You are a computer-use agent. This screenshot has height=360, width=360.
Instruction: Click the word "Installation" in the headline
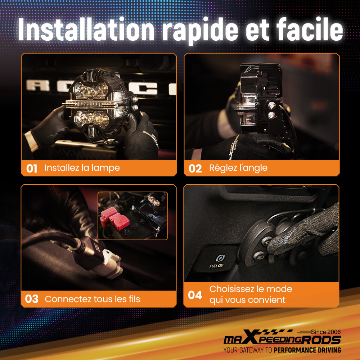pyautogui.click(x=86, y=30)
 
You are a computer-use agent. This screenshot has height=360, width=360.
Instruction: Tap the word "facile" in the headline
pyautogui.click(x=310, y=30)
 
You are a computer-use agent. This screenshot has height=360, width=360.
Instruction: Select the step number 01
pyautogui.click(x=32, y=168)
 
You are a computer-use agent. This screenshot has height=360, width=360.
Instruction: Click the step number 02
pyautogui.click(x=195, y=168)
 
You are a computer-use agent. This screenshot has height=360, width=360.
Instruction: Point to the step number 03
pyautogui.click(x=32, y=299)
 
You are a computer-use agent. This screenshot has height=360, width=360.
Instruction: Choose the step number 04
pyautogui.click(x=195, y=295)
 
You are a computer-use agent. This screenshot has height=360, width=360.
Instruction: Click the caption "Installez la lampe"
pyautogui.click(x=82, y=168)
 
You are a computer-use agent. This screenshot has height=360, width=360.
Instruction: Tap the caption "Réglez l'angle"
pyautogui.click(x=238, y=168)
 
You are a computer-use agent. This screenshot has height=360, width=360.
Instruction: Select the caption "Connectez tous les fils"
pyautogui.click(x=92, y=299)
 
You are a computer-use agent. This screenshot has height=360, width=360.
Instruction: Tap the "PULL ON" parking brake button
pyautogui.click(x=217, y=261)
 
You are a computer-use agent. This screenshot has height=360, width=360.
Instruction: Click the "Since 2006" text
pyautogui.click(x=326, y=332)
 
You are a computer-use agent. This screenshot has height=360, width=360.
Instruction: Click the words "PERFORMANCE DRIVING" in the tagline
pyautogui.click(x=307, y=350)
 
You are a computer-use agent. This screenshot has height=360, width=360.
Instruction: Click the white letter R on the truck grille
pyautogui.click(x=38, y=85)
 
